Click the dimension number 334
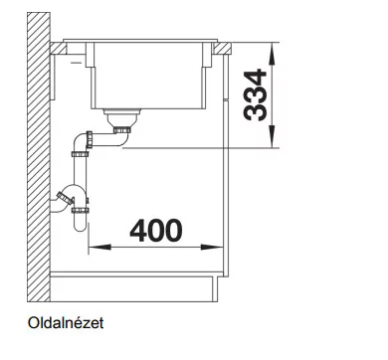click(x=255, y=95)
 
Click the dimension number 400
click(x=156, y=231)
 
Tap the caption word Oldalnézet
click(x=66, y=323)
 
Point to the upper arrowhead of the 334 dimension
click(x=272, y=55)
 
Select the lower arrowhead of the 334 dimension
click(x=272, y=136)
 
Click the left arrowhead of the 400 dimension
click(x=99, y=247)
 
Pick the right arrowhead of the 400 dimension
click(x=212, y=247)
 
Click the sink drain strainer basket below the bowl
click(x=122, y=116)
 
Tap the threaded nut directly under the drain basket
click(x=121, y=129)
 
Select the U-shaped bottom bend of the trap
click(x=80, y=225)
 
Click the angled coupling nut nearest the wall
click(x=65, y=198)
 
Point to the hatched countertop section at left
click(x=59, y=48)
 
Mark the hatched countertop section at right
click(x=222, y=48)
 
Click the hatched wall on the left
click(x=39, y=157)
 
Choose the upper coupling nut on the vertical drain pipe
click(x=80, y=154)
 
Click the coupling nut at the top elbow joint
click(x=89, y=139)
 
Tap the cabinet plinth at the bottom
click(x=133, y=289)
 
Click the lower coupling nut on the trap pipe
click(x=81, y=210)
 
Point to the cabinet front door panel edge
click(x=226, y=166)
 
